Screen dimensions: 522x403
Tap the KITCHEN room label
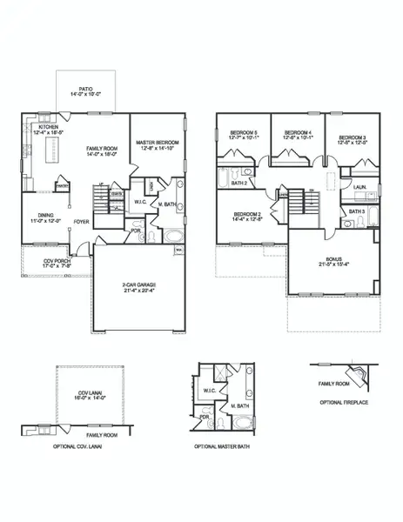click(x=48, y=126)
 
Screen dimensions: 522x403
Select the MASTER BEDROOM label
click(x=158, y=142)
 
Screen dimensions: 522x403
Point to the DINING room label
click(x=47, y=216)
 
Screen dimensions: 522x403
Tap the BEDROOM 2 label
click(x=247, y=214)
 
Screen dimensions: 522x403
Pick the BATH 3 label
click(x=356, y=211)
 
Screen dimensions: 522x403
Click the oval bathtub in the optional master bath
click(x=245, y=424)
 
